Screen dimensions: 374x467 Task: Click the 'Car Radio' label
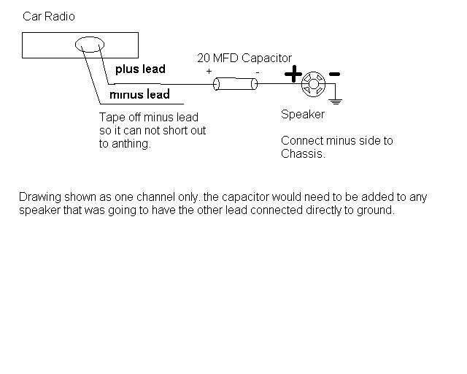[49, 16]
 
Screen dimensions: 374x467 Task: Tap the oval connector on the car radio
[91, 45]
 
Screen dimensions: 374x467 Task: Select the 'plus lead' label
[140, 69]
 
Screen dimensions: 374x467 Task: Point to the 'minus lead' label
[139, 94]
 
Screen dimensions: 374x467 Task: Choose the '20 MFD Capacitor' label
[244, 58]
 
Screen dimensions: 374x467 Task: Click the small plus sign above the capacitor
[209, 72]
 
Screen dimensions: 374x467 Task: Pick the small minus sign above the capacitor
[257, 72]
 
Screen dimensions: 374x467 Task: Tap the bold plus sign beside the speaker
[293, 74]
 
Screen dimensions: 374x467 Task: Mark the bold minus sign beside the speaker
[334, 74]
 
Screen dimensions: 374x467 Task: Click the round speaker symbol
[313, 84]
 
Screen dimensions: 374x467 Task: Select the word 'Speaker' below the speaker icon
[303, 114]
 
